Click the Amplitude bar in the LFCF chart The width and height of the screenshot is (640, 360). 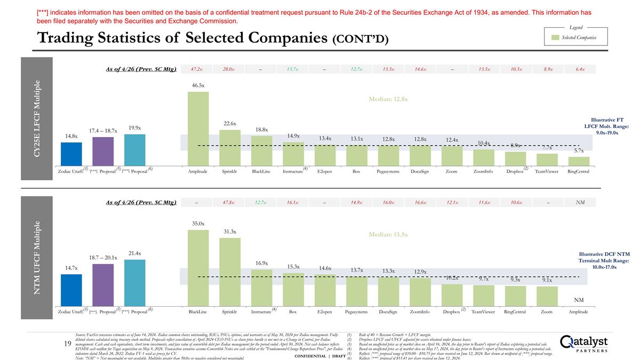(x=198, y=129)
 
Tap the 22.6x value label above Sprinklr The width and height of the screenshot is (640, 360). (x=230, y=123)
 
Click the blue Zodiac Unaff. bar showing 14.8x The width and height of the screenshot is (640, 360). (x=71, y=154)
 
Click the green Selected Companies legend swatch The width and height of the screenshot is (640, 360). (x=555, y=37)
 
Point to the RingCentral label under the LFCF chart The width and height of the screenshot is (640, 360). (x=578, y=171)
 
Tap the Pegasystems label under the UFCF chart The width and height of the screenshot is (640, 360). (x=357, y=311)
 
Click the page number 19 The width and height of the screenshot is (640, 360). (x=68, y=344)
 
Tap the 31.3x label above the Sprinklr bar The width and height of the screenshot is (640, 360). (x=230, y=231)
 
